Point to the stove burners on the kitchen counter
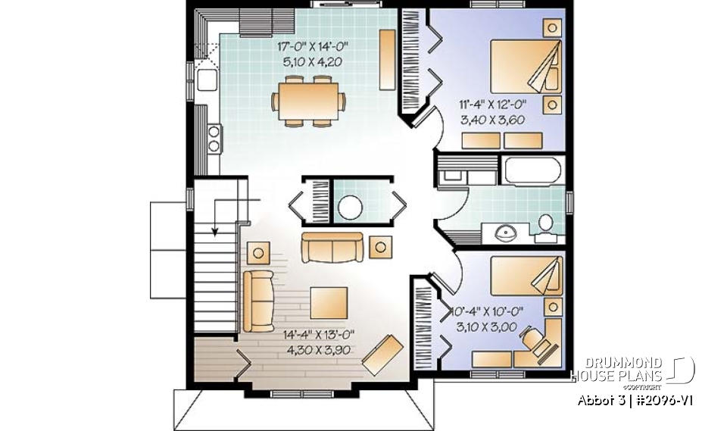pos(214,137)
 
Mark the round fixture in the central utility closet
pos(351,206)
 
